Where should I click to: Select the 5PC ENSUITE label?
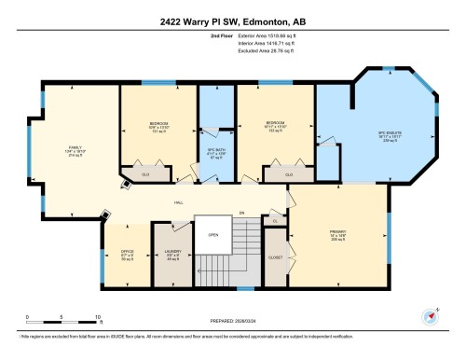pos(389,134)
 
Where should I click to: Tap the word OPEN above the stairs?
pos(213,234)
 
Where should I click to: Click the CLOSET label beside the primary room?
pos(276,256)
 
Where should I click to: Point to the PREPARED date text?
pos(232,322)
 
